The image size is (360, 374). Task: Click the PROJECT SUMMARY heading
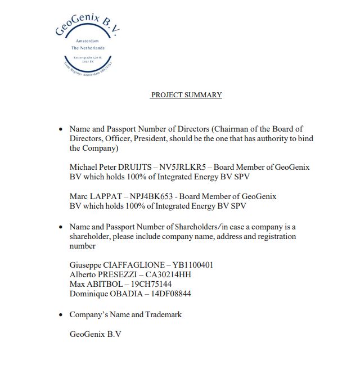click(186, 95)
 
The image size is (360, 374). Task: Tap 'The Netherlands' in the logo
click(88, 48)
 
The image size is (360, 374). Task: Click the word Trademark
click(164, 314)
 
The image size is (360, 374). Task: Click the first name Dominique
click(88, 294)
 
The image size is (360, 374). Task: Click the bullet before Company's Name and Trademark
click(61, 315)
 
